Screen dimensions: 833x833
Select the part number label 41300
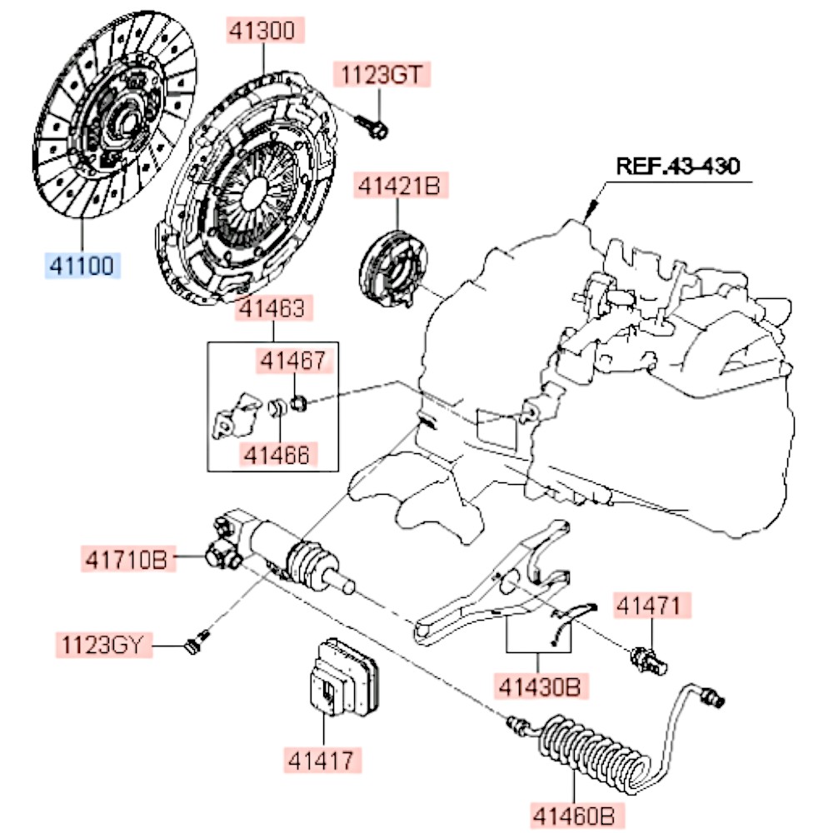pyautogui.click(x=263, y=32)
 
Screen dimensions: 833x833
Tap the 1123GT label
pyautogui.click(x=383, y=75)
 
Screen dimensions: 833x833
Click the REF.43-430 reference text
pyautogui.click(x=677, y=165)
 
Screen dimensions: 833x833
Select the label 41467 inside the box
pyautogui.click(x=292, y=362)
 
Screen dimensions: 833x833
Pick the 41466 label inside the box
pyautogui.click(x=276, y=454)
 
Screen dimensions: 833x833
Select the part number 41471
pyautogui.click(x=652, y=606)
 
